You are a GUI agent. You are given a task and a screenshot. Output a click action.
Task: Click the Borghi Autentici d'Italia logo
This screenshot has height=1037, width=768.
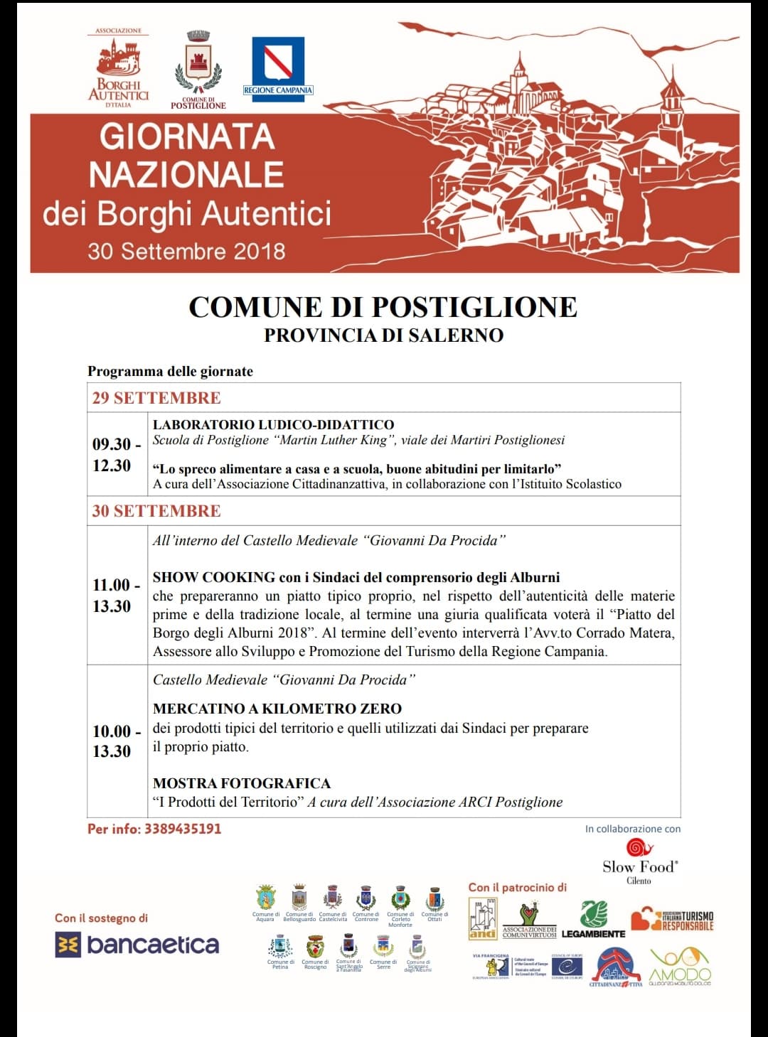click(119, 70)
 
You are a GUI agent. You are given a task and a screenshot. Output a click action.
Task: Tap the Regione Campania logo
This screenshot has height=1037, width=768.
click(278, 65)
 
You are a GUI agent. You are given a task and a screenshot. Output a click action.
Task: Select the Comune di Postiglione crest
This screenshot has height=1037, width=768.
click(198, 68)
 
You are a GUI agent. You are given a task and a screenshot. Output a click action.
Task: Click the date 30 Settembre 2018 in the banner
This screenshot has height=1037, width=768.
click(186, 251)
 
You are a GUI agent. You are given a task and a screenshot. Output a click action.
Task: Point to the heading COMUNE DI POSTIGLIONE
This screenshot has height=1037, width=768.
click(383, 307)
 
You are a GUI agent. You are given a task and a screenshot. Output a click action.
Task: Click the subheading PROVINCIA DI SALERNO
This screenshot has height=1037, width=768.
click(383, 335)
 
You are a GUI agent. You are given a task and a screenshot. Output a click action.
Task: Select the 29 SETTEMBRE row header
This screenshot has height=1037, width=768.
click(156, 398)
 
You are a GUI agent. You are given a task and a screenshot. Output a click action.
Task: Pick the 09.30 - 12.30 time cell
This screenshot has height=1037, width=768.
click(116, 455)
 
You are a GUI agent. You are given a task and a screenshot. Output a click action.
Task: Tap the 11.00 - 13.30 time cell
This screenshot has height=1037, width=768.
click(116, 596)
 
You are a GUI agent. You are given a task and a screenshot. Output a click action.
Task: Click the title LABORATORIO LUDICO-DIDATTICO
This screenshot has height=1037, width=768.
click(273, 424)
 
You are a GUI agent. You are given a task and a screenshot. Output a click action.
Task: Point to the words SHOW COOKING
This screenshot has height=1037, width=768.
click(214, 577)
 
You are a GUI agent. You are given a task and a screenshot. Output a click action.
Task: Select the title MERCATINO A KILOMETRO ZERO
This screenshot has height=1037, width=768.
click(277, 709)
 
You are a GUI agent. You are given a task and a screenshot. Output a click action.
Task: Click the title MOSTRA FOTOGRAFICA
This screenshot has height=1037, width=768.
click(242, 783)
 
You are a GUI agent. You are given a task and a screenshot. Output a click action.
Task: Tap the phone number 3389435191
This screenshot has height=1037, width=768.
click(183, 829)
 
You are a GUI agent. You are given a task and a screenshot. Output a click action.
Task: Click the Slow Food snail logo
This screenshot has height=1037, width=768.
click(639, 848)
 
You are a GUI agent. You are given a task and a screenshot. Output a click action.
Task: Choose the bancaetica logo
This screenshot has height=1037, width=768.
click(137, 945)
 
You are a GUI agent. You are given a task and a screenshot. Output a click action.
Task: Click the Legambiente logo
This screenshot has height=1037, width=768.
click(594, 920)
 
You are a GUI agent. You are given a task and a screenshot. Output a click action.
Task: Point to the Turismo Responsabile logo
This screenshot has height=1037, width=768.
click(672, 919)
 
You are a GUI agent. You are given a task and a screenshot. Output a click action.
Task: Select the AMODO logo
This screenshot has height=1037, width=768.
click(680, 967)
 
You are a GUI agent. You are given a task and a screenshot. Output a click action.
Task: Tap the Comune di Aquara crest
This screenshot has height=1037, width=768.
click(265, 898)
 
